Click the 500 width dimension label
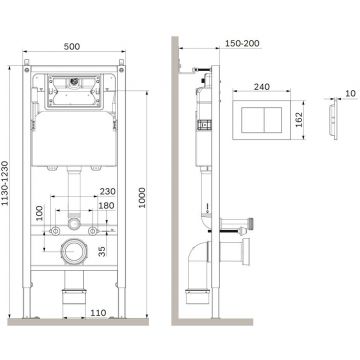click(x=72, y=47)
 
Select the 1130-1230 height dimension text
click(x=5, y=183)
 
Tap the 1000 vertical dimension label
click(x=142, y=198)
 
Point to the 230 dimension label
click(x=108, y=192)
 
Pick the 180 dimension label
click(x=106, y=206)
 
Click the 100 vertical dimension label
click(x=40, y=213)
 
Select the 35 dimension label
click(x=102, y=251)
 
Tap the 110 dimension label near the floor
click(x=98, y=313)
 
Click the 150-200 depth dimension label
click(x=242, y=43)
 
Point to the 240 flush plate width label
click(x=262, y=87)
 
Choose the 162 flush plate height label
click(x=298, y=120)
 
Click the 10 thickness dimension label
click(x=350, y=94)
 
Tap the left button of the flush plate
click(x=253, y=120)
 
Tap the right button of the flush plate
click(x=273, y=120)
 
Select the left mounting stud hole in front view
click(x=54, y=231)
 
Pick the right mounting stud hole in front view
click(x=93, y=231)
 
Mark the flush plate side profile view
click(x=333, y=120)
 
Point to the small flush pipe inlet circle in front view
click(x=74, y=223)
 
